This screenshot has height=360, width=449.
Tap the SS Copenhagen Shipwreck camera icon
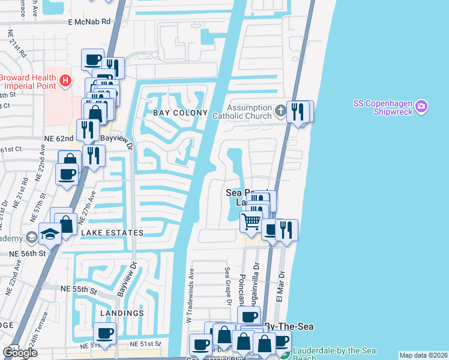pyautogui.click(x=421, y=107)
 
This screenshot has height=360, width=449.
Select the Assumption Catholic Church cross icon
pyautogui.click(x=280, y=110)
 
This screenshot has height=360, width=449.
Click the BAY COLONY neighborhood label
pyautogui.click(x=176, y=113)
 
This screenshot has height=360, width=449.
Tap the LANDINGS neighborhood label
pyautogui.click(x=122, y=313)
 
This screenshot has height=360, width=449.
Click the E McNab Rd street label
pyautogui.click(x=89, y=21)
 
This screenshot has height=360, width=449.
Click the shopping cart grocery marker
pyautogui.click(x=251, y=221)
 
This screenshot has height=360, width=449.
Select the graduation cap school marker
pyautogui.click(x=50, y=234)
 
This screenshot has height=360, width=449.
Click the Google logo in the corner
pyautogui.click(x=19, y=353)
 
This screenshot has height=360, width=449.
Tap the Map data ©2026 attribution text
pyautogui.click(x=423, y=355)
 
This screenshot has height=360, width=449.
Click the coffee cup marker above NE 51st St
pyautogui.click(x=105, y=333)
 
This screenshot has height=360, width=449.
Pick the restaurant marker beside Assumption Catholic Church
pyautogui.click(x=297, y=111)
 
